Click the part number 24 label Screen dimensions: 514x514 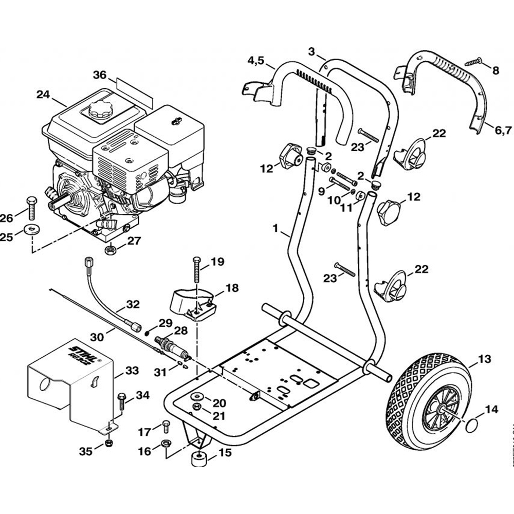[43, 94]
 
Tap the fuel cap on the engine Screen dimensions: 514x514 [97, 109]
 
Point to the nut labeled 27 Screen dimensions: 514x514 [109, 250]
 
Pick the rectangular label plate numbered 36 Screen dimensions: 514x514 [134, 90]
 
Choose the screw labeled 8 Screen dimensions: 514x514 [474, 62]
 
